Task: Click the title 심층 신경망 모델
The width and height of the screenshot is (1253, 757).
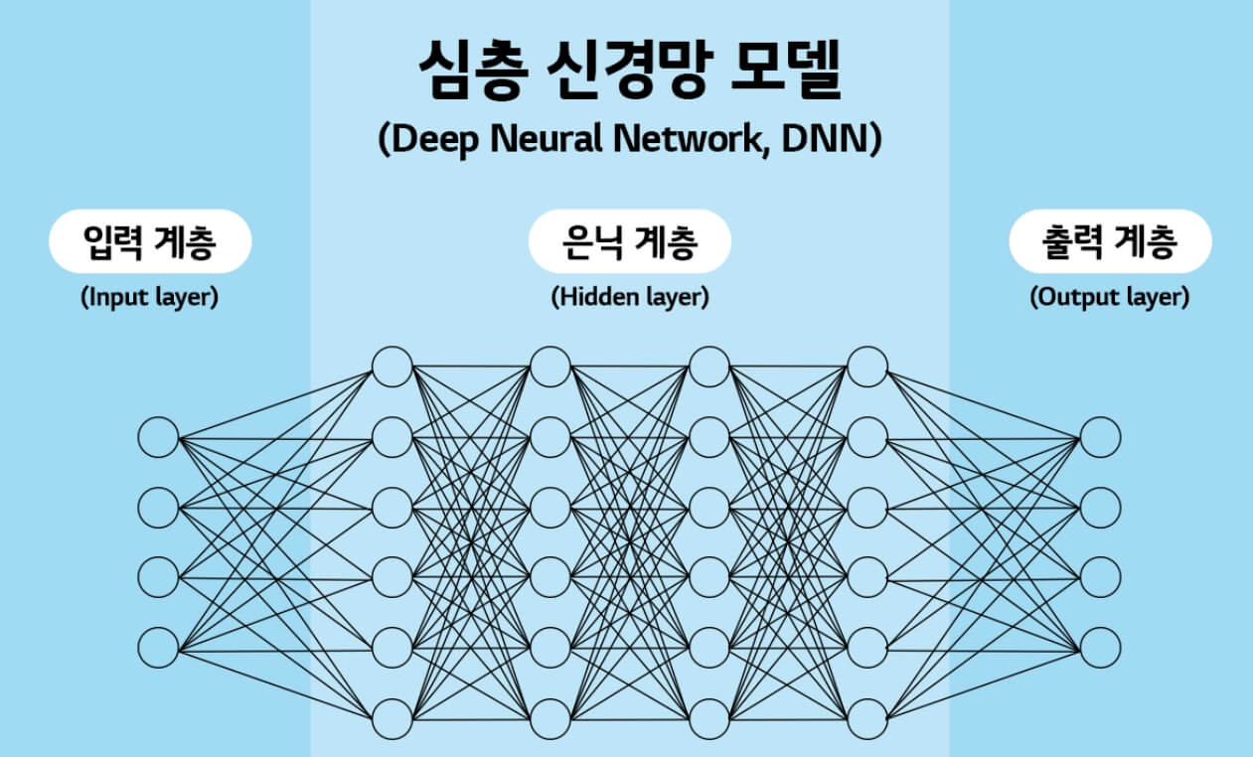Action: (x=628, y=73)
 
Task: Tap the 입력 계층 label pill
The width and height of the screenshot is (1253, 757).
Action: (x=149, y=241)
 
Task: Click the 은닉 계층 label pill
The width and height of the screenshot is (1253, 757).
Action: (x=629, y=241)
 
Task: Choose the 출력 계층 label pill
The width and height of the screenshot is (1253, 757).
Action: (x=1110, y=241)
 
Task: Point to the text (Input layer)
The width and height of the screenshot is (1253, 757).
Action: (x=149, y=297)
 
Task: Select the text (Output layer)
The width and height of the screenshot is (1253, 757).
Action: (x=1110, y=297)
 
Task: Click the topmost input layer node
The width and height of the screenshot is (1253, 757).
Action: (x=158, y=438)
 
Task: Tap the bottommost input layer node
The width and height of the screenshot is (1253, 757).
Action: (x=158, y=647)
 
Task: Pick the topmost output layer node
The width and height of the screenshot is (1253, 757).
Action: (x=1101, y=438)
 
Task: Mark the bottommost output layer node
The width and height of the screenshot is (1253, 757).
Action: (x=1101, y=647)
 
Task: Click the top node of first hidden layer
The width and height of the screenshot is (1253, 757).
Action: (x=392, y=366)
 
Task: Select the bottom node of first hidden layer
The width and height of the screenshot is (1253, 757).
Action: (x=392, y=717)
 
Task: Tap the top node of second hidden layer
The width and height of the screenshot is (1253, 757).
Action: (x=550, y=366)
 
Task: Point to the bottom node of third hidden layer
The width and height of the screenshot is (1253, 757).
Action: (x=709, y=717)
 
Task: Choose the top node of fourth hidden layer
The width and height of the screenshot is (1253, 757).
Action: (x=867, y=366)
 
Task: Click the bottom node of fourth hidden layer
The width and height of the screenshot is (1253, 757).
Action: (x=867, y=717)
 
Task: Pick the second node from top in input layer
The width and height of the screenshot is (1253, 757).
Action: (x=158, y=508)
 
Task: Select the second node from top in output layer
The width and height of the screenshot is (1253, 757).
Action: (x=1101, y=508)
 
